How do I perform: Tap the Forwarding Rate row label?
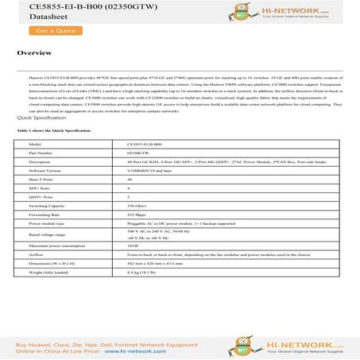(x=46, y=215)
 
